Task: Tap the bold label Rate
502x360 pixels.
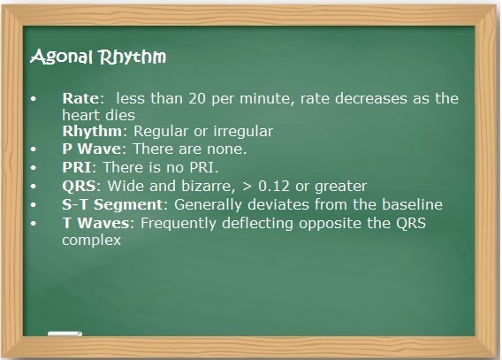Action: (81, 99)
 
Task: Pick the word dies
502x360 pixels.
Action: (118, 115)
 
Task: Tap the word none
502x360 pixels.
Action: (226, 149)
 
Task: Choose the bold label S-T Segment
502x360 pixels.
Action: (105, 204)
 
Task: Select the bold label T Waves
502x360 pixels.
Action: (95, 222)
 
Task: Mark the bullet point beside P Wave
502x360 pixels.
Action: (34, 150)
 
